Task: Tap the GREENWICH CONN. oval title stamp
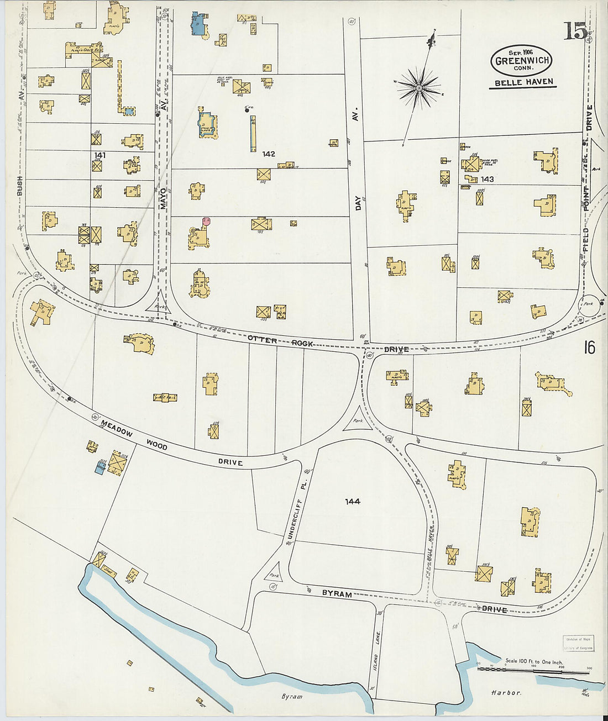coord(521,61)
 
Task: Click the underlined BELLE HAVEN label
coord(521,83)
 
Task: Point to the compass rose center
coord(420,87)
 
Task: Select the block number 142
coord(269,154)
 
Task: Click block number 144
coord(353,501)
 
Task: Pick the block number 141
coord(100,155)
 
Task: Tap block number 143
coord(487,179)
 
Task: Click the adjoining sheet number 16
coord(589,348)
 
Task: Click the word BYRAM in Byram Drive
coord(337,593)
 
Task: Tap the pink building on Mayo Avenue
coord(206,220)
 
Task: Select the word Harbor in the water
coord(506,692)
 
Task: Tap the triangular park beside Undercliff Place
coord(274,573)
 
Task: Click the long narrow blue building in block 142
coord(253,133)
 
